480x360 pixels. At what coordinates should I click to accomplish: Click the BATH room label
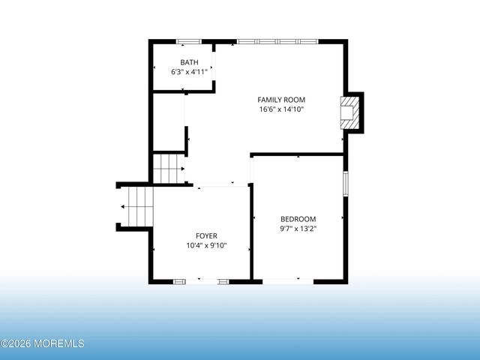[189, 62]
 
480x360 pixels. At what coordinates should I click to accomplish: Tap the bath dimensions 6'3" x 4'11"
[189, 72]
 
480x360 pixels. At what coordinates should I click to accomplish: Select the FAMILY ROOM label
[281, 100]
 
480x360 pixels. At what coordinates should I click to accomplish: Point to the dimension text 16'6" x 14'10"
[281, 109]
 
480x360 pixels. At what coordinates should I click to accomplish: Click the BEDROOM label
[298, 219]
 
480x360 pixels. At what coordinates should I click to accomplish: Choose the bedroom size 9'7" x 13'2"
[298, 229]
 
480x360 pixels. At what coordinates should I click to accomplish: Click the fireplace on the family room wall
[349, 112]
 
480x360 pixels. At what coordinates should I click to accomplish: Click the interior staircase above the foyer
[168, 168]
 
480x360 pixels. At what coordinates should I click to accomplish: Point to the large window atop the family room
[277, 41]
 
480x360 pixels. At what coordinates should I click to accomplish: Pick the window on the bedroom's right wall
[346, 184]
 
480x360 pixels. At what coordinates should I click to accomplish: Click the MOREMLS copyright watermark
[43, 344]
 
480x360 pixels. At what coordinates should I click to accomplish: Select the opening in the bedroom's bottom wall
[288, 281]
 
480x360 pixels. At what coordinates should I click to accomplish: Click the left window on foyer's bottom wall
[179, 281]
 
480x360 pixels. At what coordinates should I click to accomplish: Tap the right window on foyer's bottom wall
[223, 281]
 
